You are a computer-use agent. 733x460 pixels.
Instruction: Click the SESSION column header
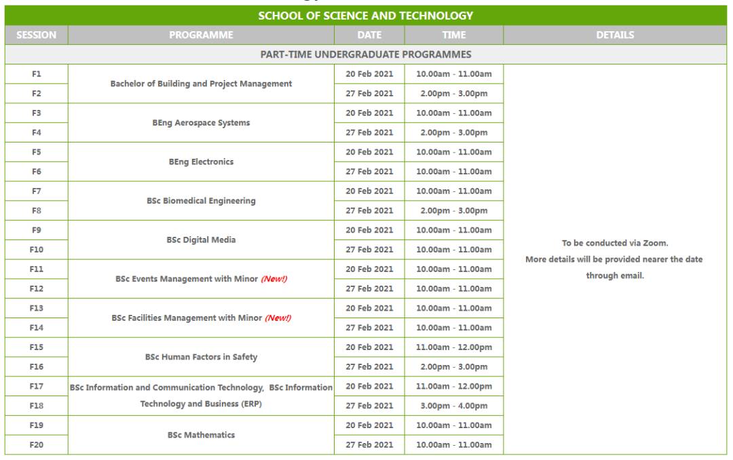36,35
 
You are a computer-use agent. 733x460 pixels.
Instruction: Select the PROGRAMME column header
202,35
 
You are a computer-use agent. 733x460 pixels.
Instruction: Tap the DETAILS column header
615,35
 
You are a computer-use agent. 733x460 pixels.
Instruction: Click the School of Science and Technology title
366,16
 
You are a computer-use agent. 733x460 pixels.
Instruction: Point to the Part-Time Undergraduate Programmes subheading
366,54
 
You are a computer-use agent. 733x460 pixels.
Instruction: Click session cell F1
36,74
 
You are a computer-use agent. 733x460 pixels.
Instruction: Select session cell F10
36,250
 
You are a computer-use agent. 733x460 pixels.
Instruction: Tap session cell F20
36,445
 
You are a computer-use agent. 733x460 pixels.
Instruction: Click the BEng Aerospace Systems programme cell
201,123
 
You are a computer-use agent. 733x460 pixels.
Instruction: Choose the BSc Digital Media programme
201,240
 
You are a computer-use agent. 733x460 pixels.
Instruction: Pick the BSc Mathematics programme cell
201,435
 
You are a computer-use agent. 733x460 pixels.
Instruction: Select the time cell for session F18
453,406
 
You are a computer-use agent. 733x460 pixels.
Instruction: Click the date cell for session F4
369,132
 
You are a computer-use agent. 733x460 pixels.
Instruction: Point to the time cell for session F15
453,347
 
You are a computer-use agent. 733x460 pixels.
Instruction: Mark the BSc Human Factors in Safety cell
201,357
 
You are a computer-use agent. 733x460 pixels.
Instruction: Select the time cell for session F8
453,210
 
